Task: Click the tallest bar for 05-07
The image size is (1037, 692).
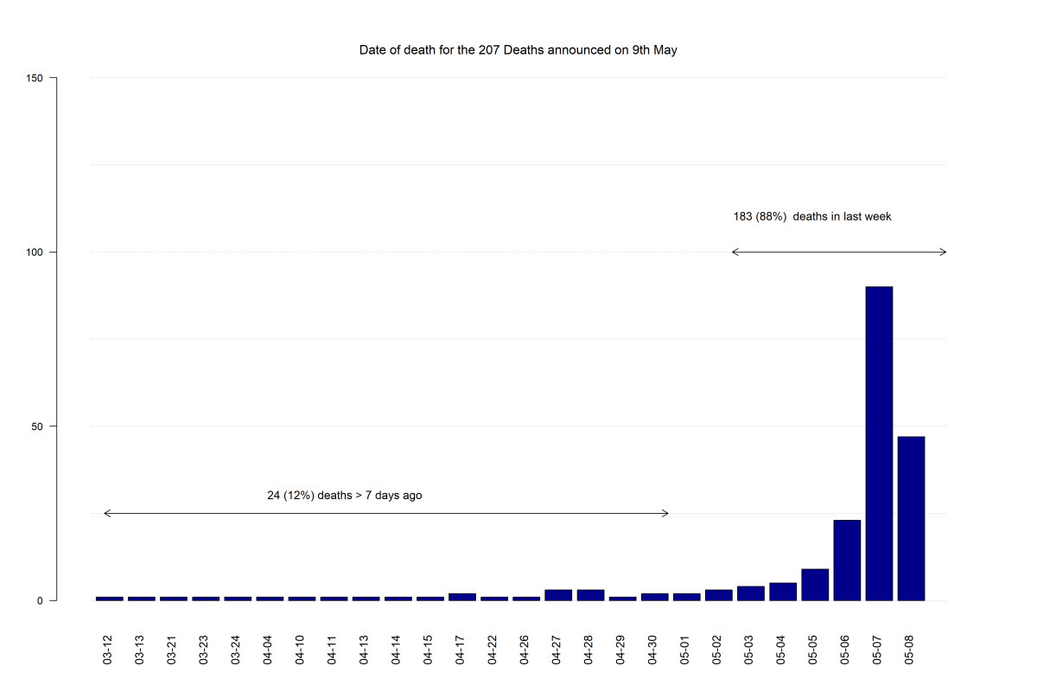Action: click(x=879, y=443)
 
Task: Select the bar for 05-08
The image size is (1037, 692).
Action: click(x=911, y=518)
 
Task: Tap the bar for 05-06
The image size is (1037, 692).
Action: click(x=847, y=560)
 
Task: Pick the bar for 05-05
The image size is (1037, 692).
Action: click(x=815, y=585)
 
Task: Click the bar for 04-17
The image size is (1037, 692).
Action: click(x=462, y=597)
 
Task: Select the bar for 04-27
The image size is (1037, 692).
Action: click(x=558, y=595)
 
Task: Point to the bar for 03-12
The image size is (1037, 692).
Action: click(x=109, y=599)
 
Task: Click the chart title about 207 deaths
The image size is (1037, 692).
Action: click(x=518, y=50)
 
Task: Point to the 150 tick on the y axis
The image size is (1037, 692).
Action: click(x=35, y=78)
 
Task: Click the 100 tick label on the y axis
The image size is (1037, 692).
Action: click(x=35, y=252)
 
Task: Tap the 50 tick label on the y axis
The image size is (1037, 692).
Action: click(x=37, y=426)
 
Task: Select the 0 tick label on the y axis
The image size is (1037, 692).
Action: click(x=40, y=600)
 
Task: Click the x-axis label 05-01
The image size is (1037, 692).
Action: click(x=684, y=650)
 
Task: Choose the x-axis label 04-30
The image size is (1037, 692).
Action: click(x=652, y=650)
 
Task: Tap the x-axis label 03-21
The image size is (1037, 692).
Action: click(x=171, y=650)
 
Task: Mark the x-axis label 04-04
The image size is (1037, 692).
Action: click(x=268, y=650)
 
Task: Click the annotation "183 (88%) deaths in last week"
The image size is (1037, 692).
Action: click(x=812, y=216)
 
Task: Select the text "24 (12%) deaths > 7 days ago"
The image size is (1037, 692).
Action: click(x=345, y=496)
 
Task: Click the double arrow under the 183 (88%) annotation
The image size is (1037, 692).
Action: click(x=839, y=252)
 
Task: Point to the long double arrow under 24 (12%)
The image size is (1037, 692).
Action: click(x=386, y=513)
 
